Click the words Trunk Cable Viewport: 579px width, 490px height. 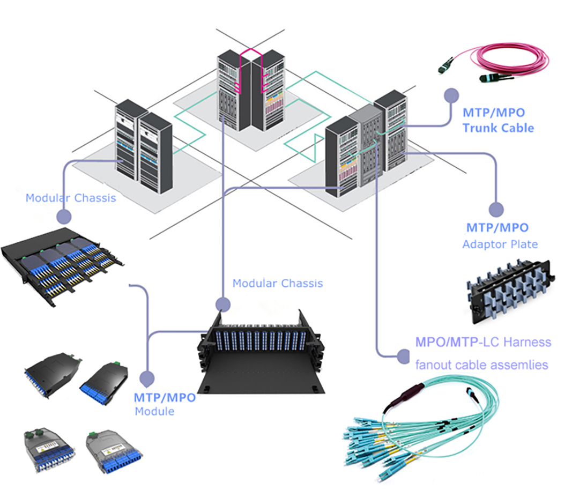pos(498,128)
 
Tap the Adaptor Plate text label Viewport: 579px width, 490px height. pos(500,244)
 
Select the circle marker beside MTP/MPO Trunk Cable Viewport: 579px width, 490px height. pos(451,94)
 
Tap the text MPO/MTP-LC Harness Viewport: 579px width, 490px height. pos(483,342)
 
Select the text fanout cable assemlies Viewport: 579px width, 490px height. pos(481,365)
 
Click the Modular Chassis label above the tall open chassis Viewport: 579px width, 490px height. pos(277,283)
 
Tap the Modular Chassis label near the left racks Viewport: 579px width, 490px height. pos(71,198)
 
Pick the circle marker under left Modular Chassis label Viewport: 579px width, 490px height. pos(64,216)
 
